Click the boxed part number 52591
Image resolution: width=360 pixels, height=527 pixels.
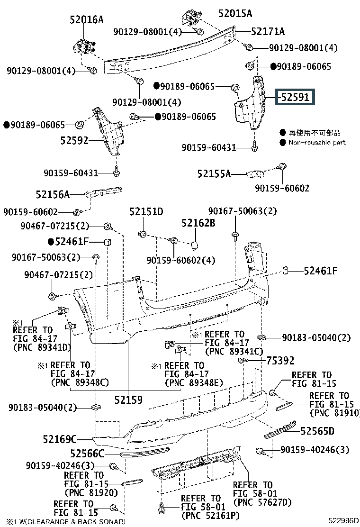pos(295,97)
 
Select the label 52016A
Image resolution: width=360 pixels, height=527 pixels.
pos(87,20)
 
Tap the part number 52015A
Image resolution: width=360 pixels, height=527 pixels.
pos(235,13)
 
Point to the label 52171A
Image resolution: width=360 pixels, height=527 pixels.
pos(268,31)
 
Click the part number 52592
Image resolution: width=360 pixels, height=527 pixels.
pos(74,140)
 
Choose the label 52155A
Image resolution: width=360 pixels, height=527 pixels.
pos(214,174)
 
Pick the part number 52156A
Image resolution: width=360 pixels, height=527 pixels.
pos(53,194)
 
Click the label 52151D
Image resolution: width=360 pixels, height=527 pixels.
pos(146,211)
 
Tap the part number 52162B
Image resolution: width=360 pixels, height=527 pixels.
pos(198,223)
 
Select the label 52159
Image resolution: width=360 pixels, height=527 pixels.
pos(128,400)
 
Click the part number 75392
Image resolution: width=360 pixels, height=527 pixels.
pos(280,361)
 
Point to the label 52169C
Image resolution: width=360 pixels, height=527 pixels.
pos(60,439)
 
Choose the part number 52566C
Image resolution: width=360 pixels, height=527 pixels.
pos(87,454)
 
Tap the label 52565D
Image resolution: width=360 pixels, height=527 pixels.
pos(317,431)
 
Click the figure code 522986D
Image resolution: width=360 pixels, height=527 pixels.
pos(343,521)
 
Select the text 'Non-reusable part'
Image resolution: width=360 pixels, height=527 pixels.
pos(317,143)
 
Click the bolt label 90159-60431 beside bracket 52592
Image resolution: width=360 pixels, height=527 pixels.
pos(71,173)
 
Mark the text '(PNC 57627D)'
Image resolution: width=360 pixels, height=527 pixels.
pos(262,502)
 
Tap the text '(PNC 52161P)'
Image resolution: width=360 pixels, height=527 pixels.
pos(210,515)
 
